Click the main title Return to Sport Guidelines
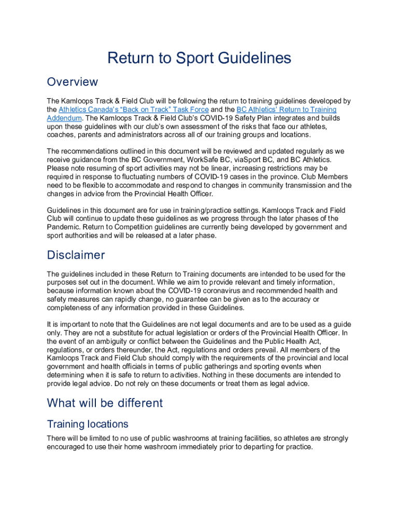(199, 58)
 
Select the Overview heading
(72, 82)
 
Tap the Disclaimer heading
(76, 255)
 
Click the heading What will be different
(105, 403)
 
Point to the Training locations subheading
(88, 424)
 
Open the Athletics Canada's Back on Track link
(134, 110)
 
